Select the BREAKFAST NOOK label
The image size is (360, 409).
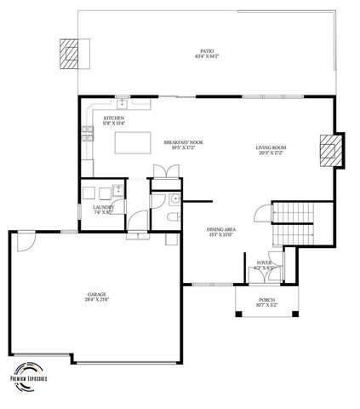184,145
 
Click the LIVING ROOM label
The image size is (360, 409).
271,150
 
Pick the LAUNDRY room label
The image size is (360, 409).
103,210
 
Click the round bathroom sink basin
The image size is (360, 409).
174,199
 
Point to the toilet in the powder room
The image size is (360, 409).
173,219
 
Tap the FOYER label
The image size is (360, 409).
266,264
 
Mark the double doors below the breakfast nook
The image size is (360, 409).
165,171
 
